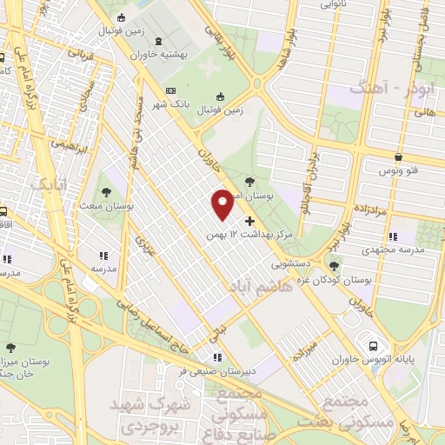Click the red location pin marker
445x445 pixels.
[x=222, y=203]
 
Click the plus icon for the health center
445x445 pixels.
[x=250, y=222]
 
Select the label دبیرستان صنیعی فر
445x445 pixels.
[x=218, y=370]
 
